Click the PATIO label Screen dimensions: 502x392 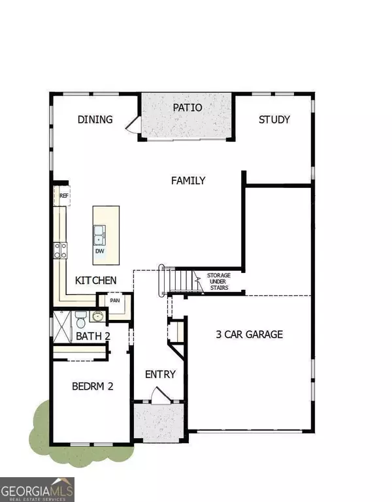click(x=188, y=107)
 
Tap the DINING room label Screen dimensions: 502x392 click(x=95, y=119)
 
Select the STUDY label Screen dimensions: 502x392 click(x=274, y=119)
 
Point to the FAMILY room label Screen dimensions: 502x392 click(x=188, y=181)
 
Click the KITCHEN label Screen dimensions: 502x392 click(x=96, y=280)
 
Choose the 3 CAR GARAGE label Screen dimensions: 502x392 click(x=250, y=334)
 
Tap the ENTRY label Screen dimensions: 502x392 click(x=161, y=374)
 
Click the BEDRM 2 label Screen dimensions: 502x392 click(x=93, y=386)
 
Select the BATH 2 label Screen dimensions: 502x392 click(x=93, y=336)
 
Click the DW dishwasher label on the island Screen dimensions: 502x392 click(x=100, y=251)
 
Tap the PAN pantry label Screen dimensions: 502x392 click(x=115, y=301)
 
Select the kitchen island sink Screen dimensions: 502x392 click(x=100, y=232)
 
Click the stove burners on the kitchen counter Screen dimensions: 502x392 click(x=60, y=249)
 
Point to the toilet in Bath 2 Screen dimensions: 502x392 click(x=79, y=320)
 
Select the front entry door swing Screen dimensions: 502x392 click(x=159, y=395)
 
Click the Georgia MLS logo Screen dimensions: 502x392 click(x=37, y=488)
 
